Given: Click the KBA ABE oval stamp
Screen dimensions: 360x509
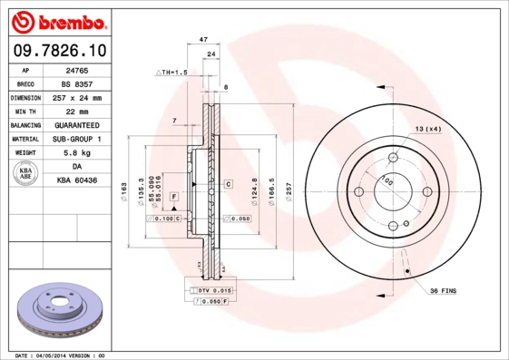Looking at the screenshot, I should (26, 173).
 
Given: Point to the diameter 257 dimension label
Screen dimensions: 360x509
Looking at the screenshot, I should (289, 191).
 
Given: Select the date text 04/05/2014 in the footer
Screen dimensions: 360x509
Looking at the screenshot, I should (76, 355).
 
